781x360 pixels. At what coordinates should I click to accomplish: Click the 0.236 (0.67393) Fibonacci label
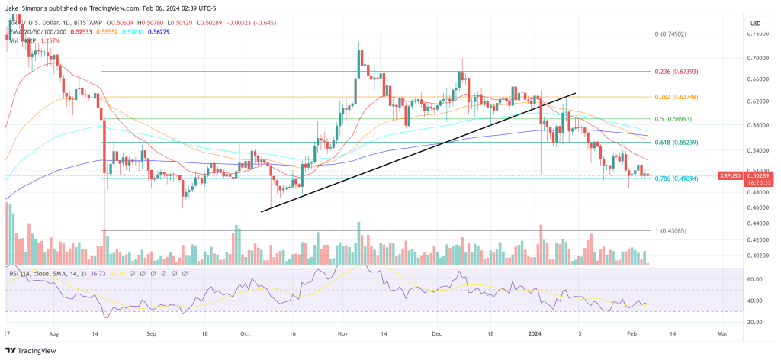(x=676, y=72)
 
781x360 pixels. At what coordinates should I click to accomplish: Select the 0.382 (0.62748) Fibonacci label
(x=676, y=98)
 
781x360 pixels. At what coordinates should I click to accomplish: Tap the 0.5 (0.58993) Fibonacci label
(x=671, y=119)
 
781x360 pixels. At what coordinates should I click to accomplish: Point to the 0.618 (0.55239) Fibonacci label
(x=676, y=143)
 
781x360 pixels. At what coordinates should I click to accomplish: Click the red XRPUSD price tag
(x=731, y=176)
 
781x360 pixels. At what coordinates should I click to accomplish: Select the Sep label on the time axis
(x=151, y=334)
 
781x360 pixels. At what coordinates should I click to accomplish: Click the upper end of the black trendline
(x=574, y=93)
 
